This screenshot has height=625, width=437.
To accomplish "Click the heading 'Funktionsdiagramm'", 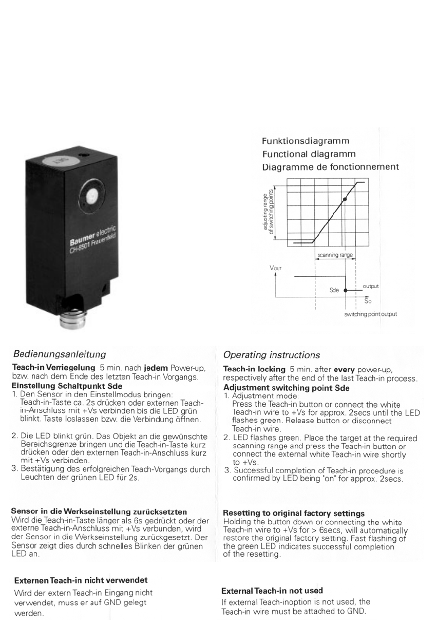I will (306, 141).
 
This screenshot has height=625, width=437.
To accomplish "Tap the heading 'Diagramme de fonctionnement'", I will (330, 167).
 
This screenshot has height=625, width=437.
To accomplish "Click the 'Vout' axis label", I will (276, 268).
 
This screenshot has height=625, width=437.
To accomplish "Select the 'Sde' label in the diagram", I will (334, 290).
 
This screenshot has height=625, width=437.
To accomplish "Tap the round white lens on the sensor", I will (92, 197).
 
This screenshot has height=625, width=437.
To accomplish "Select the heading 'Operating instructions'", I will (272, 355).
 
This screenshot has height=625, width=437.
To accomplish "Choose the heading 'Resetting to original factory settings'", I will (294, 513).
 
